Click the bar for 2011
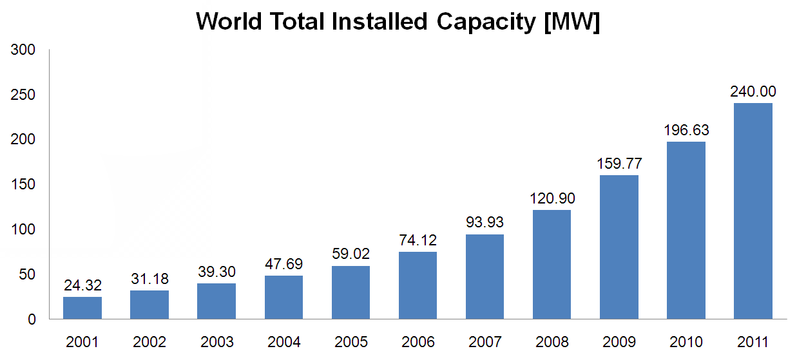coord(753,211)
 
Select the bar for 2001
coord(82,308)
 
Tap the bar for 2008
coord(552,264)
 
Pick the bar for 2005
coord(350,292)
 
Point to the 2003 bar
coord(216,301)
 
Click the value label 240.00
coord(753,91)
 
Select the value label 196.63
coord(686,131)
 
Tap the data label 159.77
coord(619,164)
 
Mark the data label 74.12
coord(418,241)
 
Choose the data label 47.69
coord(283,265)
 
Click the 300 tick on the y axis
coord(23,50)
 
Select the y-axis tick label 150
coord(23,185)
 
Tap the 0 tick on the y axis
coord(31,319)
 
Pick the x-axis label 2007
coord(485,342)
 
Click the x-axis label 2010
coord(686,342)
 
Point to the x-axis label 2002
coord(149,342)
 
